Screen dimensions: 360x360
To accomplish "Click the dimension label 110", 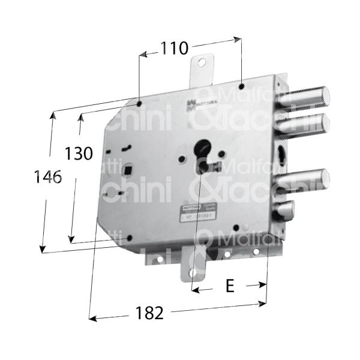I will (174, 47).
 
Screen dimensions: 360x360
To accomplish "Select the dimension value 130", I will (79, 154).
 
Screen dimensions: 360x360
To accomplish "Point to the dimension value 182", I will (146, 313).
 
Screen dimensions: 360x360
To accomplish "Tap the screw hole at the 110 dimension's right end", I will (240, 84).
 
